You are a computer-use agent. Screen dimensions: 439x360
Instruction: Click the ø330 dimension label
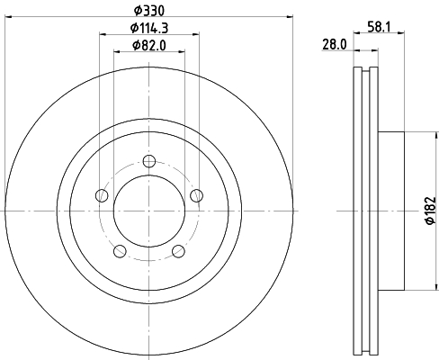[149, 11]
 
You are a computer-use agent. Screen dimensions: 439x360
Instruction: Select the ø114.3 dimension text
[149, 28]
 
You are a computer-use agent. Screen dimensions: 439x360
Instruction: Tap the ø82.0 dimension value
[149, 46]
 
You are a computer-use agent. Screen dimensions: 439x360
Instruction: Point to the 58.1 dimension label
[379, 27]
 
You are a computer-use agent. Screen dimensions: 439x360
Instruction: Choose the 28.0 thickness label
[335, 45]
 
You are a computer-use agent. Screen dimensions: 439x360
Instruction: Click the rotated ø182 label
[430, 211]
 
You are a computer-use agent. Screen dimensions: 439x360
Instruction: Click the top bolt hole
[149, 161]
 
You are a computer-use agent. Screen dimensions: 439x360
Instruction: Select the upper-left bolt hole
[102, 195]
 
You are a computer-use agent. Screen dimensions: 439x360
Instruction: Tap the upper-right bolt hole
[196, 195]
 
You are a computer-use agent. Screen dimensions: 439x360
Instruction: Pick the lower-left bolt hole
[120, 251]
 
